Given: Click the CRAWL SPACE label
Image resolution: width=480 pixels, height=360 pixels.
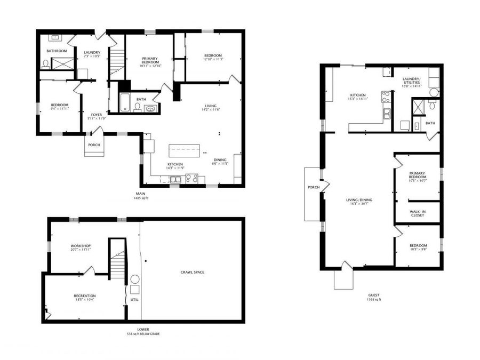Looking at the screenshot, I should click(192, 273).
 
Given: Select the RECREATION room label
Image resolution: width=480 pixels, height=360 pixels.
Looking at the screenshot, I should click(85, 295).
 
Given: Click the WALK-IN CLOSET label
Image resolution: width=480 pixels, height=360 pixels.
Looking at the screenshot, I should click(417, 213).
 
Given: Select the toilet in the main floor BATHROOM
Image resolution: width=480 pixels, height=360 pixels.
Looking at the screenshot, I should click(46, 63).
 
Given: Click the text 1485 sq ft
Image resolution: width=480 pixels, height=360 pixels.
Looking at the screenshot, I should click(140, 198).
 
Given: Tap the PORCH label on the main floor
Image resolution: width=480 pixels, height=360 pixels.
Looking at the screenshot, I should click(94, 145).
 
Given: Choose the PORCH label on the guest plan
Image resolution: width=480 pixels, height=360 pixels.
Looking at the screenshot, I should click(313, 187).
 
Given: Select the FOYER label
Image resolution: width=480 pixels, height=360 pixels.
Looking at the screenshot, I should click(97, 115).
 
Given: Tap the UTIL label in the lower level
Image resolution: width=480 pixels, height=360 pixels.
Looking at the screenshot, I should click(134, 300).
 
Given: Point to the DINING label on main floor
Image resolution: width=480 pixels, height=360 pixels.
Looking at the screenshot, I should click(220, 159).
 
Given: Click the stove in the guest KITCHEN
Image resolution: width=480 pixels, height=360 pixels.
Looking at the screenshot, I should click(385, 97).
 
